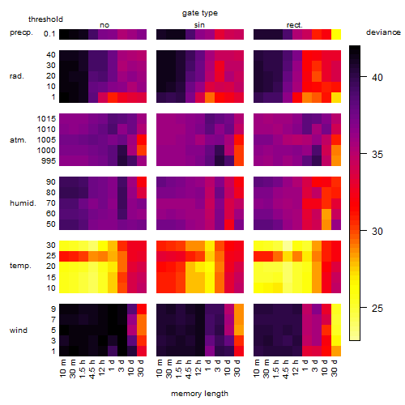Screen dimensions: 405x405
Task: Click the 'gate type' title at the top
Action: tap(200, 13)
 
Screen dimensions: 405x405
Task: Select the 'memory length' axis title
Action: tap(200, 394)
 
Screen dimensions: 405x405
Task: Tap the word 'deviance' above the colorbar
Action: tap(383, 32)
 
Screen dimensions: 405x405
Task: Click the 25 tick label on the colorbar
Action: tap(377, 308)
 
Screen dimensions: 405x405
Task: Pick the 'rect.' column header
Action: tap(295, 25)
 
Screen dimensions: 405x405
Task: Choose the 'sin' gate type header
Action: tap(199, 25)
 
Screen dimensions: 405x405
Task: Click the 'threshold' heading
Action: tap(45, 19)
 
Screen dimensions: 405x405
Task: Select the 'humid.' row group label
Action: tap(23, 203)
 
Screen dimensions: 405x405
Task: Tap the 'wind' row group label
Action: tap(19, 330)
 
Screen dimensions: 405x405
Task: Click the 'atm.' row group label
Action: tap(18, 140)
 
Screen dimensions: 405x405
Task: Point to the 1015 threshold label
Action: tap(46, 119)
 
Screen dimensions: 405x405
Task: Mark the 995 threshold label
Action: tap(49, 161)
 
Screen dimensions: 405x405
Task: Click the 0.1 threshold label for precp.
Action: tap(49, 34)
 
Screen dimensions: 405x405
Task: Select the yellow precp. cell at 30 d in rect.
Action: tap(336, 34)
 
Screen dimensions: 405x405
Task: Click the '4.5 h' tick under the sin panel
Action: tap(189, 369)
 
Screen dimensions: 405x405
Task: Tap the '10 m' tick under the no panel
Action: tap(63, 368)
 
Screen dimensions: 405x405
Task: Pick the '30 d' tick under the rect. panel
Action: tap(335, 368)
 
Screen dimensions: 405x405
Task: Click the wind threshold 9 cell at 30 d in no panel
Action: tap(142, 309)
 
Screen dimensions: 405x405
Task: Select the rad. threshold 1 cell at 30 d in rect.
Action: tap(336, 97)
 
